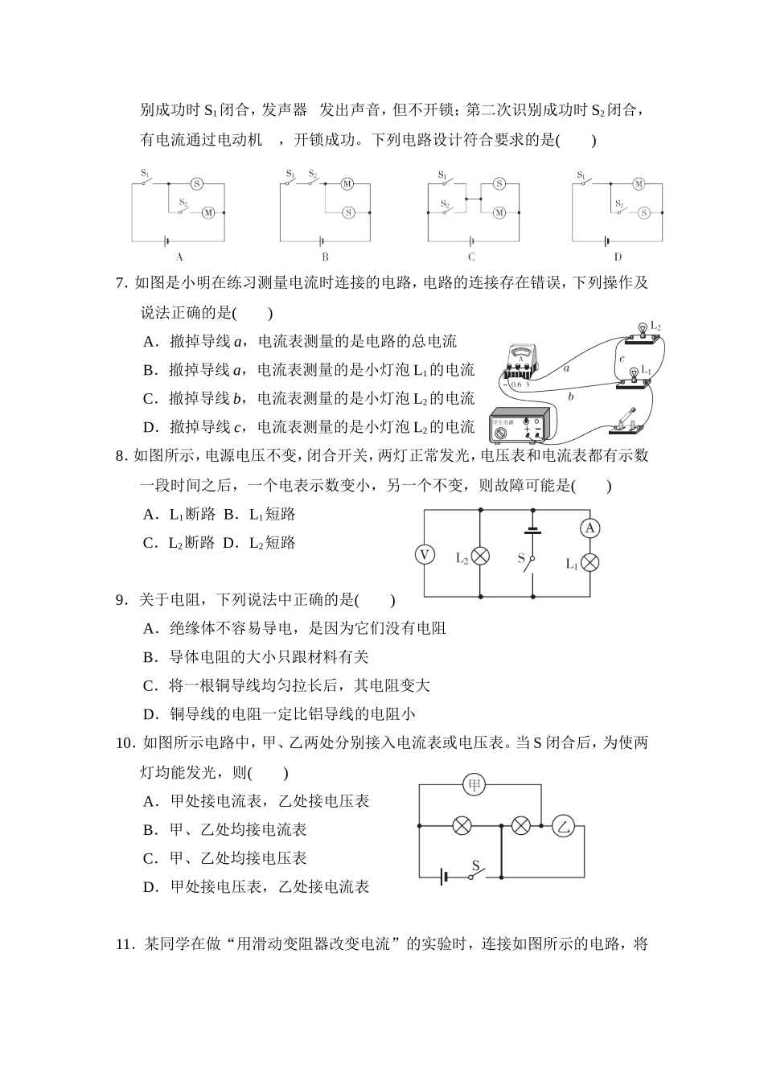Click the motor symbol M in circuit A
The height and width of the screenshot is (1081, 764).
tap(207, 212)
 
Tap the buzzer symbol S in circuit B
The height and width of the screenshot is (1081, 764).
tap(348, 212)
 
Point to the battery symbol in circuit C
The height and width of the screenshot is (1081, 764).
tap(470, 240)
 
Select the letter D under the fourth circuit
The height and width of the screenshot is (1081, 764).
tap(618, 257)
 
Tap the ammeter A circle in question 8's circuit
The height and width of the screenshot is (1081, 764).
tap(590, 528)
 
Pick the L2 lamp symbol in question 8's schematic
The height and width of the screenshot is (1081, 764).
tap(480, 556)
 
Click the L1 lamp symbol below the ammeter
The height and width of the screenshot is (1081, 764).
tap(590, 562)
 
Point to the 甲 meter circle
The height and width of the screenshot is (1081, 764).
tap(474, 785)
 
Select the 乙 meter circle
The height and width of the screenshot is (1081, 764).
tap(564, 825)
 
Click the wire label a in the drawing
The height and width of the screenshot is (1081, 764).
tap(566, 368)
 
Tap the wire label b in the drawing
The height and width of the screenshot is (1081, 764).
tap(570, 397)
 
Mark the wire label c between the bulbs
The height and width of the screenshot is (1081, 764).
tap(622, 359)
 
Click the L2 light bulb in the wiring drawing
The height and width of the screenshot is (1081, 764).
tap(643, 329)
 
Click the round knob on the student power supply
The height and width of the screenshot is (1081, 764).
tap(502, 432)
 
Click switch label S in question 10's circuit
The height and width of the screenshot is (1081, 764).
tap(475, 866)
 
